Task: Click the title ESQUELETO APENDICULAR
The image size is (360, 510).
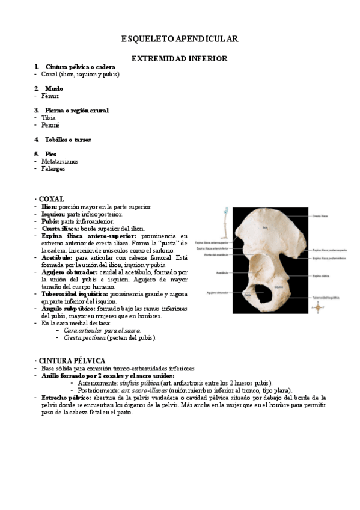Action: [180, 39]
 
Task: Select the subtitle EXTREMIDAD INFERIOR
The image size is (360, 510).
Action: [180, 59]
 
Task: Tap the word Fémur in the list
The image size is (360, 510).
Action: [50, 96]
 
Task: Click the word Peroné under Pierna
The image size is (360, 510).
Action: [50, 125]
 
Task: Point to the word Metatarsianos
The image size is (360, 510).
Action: [60, 162]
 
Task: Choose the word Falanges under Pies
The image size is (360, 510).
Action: [53, 169]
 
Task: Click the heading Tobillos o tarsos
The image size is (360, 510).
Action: [68, 140]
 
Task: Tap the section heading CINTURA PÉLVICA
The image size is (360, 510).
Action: [72, 360]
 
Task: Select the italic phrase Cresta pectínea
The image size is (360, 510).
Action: [85, 338]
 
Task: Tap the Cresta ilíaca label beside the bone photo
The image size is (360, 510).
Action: [319, 215]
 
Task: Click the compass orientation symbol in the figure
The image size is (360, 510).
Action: [314, 306]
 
